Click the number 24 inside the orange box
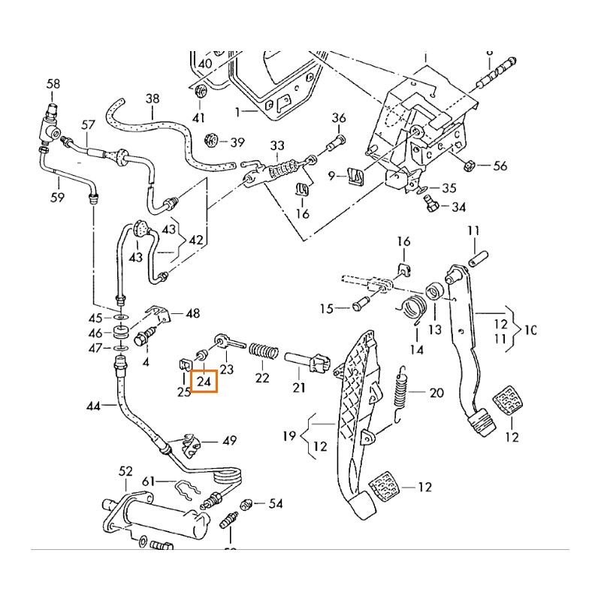click(x=203, y=382)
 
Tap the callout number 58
click(x=53, y=83)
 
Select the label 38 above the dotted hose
click(x=153, y=98)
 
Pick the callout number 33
click(x=277, y=145)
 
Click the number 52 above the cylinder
click(x=125, y=471)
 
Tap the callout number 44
click(x=93, y=406)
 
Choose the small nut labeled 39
click(x=212, y=140)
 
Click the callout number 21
click(x=299, y=388)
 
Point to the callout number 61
click(x=148, y=481)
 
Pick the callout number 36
click(x=339, y=118)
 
